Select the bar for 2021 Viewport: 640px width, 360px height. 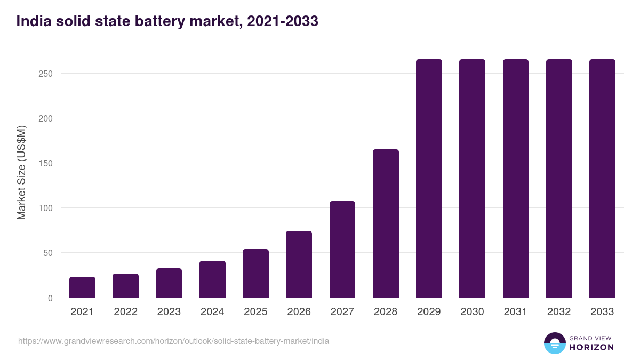[x=82, y=287]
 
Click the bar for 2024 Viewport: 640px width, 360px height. [x=212, y=279]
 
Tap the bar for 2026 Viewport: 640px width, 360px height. [x=299, y=265]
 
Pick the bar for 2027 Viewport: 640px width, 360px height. [x=342, y=250]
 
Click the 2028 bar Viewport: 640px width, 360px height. [x=386, y=223]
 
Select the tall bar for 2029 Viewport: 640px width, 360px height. [x=429, y=179]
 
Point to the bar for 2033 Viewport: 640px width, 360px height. [x=602, y=179]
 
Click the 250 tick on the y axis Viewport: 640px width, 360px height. [x=45, y=74]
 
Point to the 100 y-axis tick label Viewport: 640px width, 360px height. [x=45, y=208]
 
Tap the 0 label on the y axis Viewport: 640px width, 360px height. [x=50, y=298]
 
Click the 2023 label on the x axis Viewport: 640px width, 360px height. [x=169, y=312]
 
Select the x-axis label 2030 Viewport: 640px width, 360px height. [x=472, y=312]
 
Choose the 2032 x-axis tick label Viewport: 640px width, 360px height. [x=559, y=312]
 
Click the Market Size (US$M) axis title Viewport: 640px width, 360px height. [x=21, y=173]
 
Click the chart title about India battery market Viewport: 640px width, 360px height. [x=167, y=21]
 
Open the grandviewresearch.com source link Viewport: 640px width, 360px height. [x=173, y=341]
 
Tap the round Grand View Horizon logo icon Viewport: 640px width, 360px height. [x=555, y=343]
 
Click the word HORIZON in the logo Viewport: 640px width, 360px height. [x=591, y=347]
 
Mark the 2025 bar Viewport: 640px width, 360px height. [x=255, y=274]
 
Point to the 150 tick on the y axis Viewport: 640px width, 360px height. [x=45, y=163]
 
